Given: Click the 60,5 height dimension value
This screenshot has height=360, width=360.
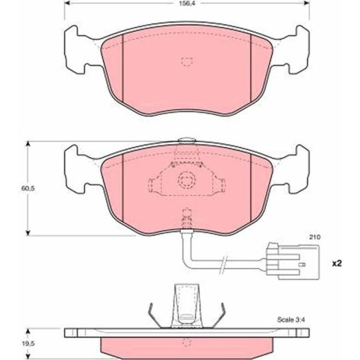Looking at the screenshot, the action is (28, 188).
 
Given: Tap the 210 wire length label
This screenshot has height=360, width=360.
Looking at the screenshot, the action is (315, 237).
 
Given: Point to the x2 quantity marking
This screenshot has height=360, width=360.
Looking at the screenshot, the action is (337, 264).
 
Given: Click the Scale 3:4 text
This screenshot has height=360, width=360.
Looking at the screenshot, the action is (291, 319).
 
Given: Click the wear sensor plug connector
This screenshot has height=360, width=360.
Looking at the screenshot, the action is (293, 261).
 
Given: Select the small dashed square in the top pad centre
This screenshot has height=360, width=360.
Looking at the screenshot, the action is (187, 62).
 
